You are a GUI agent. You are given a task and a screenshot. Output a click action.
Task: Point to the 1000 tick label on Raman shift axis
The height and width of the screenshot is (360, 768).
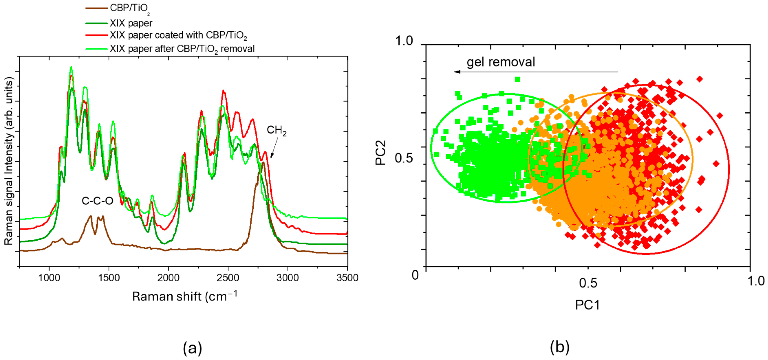(49, 278)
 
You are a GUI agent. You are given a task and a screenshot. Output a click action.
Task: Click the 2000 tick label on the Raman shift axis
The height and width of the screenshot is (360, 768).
(169, 278)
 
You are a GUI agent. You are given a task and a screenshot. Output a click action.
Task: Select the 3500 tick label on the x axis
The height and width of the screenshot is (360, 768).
(347, 278)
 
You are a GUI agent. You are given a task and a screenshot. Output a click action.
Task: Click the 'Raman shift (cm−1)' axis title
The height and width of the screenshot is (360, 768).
(185, 296)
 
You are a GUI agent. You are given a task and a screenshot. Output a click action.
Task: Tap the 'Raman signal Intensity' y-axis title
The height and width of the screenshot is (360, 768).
(9, 161)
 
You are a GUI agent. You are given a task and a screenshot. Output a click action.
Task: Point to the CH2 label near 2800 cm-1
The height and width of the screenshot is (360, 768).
(276, 130)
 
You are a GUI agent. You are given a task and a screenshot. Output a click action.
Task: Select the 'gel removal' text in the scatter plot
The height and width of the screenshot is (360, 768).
(501, 62)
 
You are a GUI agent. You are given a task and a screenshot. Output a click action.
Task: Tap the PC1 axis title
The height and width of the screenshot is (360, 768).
(587, 305)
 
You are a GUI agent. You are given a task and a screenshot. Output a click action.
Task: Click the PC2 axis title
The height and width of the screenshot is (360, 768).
(380, 153)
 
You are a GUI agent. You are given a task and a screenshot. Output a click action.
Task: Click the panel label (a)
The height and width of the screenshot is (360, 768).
(192, 348)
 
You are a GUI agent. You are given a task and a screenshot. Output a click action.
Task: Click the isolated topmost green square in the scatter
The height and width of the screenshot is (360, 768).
(518, 79)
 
